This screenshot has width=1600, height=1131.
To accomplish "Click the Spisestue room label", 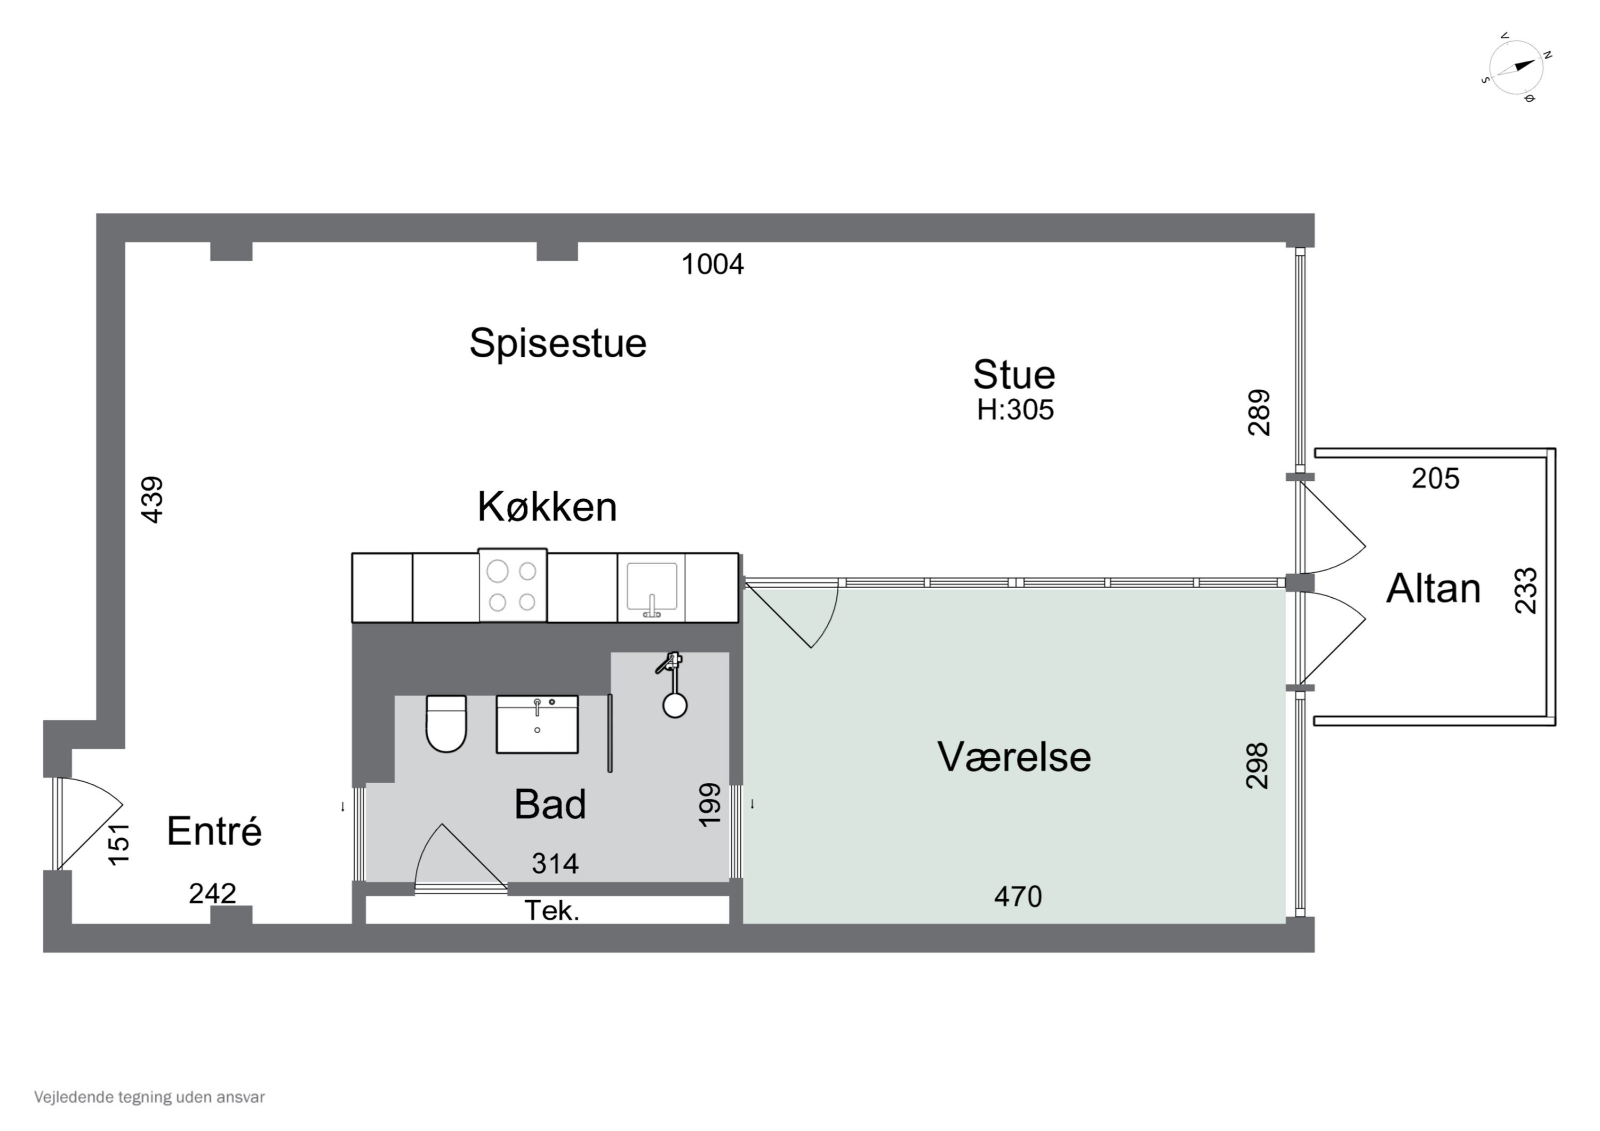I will (557, 343).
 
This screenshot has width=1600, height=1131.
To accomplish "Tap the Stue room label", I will (1014, 375).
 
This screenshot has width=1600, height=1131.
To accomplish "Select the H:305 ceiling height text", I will (1014, 410).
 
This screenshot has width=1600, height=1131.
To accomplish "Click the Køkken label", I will (547, 507).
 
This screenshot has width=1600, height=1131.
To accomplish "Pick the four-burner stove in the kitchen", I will (512, 586).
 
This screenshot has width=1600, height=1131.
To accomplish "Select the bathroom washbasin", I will (537, 725).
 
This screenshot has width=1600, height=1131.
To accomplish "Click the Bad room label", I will (550, 805).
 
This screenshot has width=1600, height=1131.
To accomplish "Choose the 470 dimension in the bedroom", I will (1018, 897).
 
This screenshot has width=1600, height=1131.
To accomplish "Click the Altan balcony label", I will (1433, 589).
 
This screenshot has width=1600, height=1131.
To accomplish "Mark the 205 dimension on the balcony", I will (1435, 479).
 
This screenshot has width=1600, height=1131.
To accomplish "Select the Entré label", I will (214, 831).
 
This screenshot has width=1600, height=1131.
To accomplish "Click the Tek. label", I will (551, 911).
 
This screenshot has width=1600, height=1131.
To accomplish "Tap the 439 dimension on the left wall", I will (152, 500).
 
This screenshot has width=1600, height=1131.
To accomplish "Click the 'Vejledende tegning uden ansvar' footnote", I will (149, 1097).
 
